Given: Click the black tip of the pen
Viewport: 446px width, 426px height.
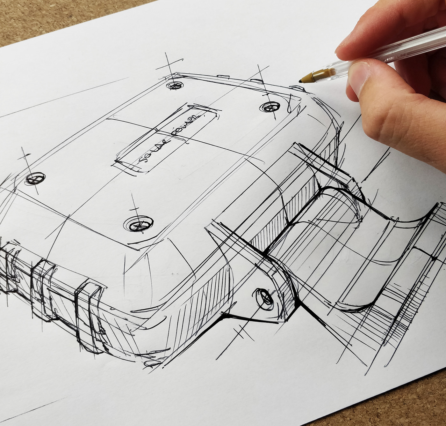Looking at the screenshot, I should click(x=300, y=81).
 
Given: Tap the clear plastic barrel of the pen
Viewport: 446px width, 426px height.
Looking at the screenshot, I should click(x=360, y=64).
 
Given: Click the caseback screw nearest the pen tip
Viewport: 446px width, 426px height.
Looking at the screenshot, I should click(x=270, y=107).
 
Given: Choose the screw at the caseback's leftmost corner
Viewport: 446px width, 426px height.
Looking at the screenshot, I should click(x=35, y=179).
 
